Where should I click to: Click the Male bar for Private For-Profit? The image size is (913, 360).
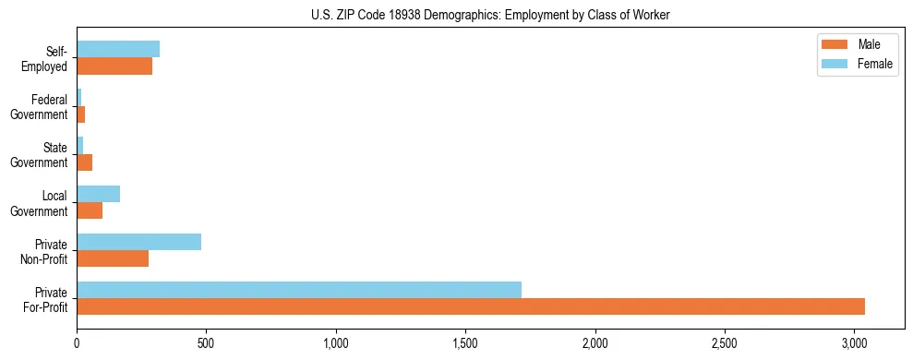(471, 306)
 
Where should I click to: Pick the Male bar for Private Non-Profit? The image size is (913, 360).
(113, 258)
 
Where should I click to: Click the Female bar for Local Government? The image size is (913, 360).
(98, 194)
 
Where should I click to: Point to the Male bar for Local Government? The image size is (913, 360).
(90, 210)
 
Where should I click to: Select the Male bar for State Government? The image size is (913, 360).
(84, 162)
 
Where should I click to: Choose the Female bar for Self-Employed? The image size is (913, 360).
(118, 49)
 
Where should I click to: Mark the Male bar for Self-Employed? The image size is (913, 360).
(114, 66)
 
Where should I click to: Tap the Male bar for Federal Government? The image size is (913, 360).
(81, 114)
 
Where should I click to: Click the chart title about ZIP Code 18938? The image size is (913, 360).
(456, 14)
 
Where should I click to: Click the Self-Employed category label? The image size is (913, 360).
(51, 58)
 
